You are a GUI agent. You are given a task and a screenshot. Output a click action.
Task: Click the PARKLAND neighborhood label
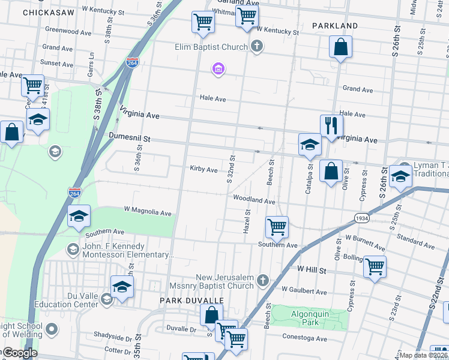coord(335,26)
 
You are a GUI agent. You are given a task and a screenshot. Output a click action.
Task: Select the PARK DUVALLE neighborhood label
coord(191,299)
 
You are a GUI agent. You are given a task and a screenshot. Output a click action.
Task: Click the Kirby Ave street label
coord(203,170)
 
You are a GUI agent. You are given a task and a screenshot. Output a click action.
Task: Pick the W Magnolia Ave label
coord(148,212)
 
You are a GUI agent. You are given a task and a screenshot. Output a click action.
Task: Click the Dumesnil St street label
coord(128,137)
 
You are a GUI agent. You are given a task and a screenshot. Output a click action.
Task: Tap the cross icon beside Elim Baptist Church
coord(257,46)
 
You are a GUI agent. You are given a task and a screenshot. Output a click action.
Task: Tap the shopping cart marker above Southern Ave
coord(277,227)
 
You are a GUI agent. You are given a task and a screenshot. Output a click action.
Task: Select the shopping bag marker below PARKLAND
coord(340,47)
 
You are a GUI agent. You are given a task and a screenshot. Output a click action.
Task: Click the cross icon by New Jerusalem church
coord(262,280)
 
